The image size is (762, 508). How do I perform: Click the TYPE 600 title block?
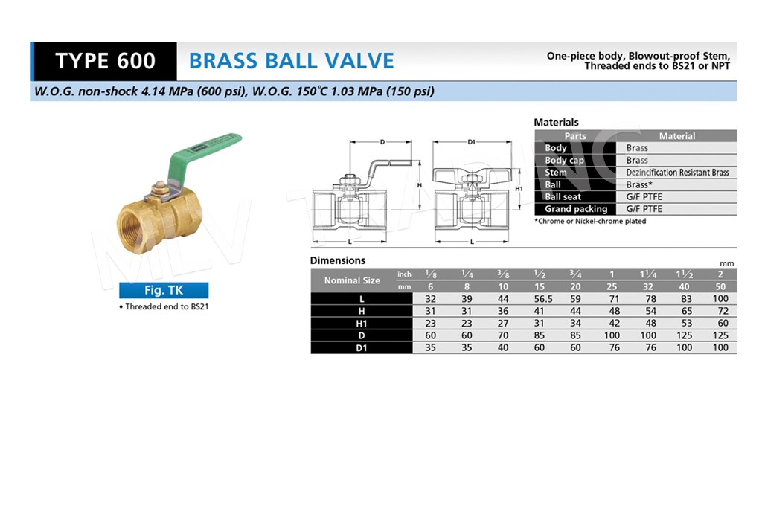(x=104, y=61)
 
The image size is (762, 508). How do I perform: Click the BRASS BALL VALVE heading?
(x=291, y=61)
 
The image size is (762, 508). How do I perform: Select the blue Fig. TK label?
(x=164, y=290)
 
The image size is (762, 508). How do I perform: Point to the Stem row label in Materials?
(x=555, y=173)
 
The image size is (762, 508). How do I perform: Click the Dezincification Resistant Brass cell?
(x=677, y=173)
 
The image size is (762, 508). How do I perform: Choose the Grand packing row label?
(x=576, y=209)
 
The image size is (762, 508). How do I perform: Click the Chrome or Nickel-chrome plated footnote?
(x=590, y=221)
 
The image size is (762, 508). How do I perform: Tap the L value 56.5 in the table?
(x=542, y=299)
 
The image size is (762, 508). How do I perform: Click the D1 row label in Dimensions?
(x=362, y=348)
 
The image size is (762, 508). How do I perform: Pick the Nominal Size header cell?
(x=352, y=280)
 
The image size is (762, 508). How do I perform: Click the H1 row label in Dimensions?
(x=362, y=324)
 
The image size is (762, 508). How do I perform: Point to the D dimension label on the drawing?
(x=382, y=142)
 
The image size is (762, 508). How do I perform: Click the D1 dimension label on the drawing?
(x=471, y=142)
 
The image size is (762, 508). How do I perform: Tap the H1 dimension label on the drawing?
(x=519, y=189)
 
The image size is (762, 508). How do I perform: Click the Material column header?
(x=677, y=136)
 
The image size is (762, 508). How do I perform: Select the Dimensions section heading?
(x=338, y=260)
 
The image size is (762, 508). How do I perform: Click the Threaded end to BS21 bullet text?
(x=164, y=306)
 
